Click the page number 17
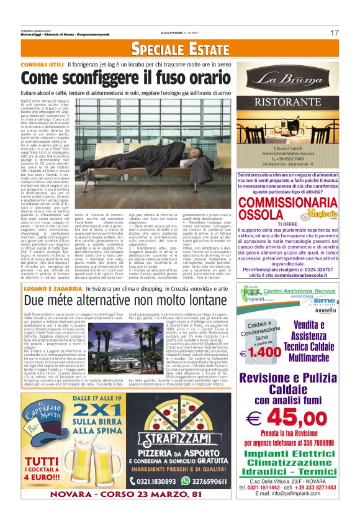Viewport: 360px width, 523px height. click(335, 33)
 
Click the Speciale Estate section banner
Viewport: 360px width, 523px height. click(180, 48)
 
